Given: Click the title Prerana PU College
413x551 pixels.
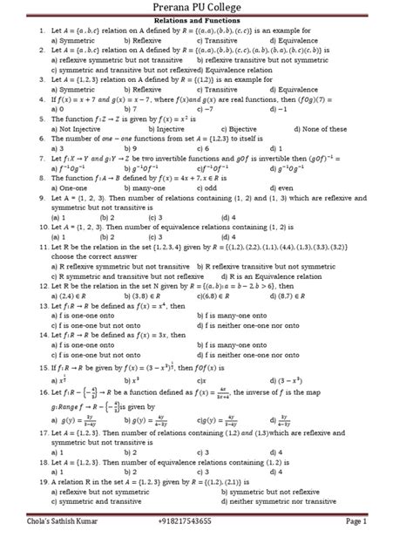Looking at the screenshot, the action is [x=206, y=8].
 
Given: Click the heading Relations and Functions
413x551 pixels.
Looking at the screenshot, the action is [x=206, y=20].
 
